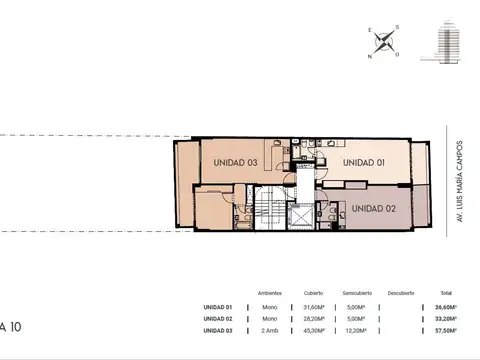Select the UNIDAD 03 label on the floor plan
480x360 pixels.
[x=234, y=162]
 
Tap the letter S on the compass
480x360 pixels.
[x=396, y=28]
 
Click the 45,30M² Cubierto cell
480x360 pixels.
[x=315, y=329]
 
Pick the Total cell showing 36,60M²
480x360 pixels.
[x=447, y=307]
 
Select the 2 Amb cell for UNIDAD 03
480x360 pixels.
[x=269, y=329]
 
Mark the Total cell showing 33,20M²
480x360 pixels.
[x=447, y=318]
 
